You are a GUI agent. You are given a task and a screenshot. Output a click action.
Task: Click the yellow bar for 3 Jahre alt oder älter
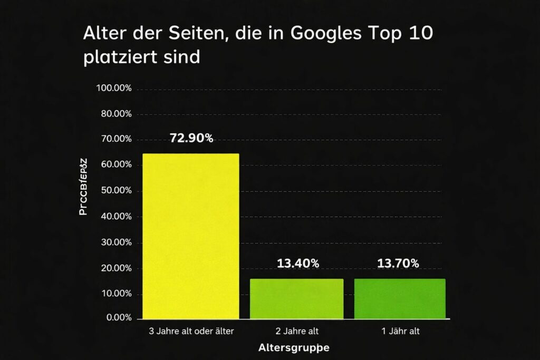(x=191, y=236)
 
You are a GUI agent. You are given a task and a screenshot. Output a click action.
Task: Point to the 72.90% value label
(x=191, y=138)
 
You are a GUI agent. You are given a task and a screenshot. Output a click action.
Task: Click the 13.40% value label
(x=297, y=264)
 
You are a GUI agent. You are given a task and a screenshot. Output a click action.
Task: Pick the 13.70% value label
(x=398, y=264)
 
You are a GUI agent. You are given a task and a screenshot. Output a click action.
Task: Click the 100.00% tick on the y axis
(x=114, y=87)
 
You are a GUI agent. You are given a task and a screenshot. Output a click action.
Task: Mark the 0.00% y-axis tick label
(x=118, y=318)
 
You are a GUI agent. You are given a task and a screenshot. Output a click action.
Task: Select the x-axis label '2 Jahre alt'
(x=297, y=332)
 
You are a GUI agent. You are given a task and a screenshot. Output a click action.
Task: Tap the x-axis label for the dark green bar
(x=399, y=332)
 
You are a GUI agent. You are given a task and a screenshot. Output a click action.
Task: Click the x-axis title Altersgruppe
(x=294, y=348)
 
